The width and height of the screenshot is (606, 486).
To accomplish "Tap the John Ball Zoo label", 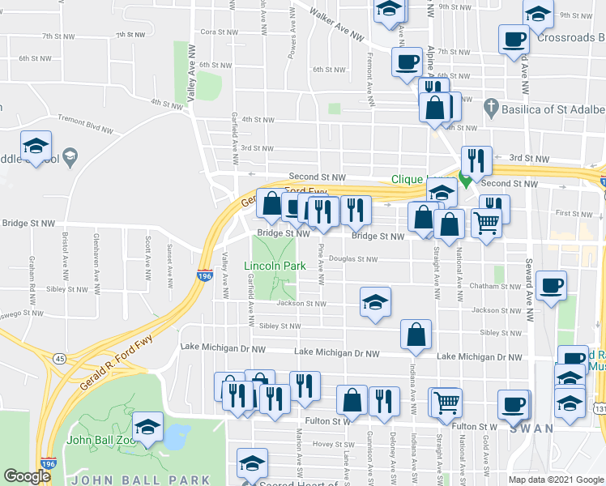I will tap(100, 441).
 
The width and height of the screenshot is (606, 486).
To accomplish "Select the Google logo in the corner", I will tap(27, 476).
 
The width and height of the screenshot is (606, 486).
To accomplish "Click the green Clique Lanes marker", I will tap(465, 180).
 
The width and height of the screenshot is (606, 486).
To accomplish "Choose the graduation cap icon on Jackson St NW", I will tap(375, 302).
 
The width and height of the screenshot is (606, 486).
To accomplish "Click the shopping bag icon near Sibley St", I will tap(416, 335).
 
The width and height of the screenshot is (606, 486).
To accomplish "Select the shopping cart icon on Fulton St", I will tap(446, 401).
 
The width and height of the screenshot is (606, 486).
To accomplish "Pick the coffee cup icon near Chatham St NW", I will tap(551, 286).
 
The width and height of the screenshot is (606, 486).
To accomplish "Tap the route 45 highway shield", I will tap(60, 358).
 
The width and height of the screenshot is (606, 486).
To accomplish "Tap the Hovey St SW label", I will tap(330, 443).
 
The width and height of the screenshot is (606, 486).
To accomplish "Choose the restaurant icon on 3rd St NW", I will tap(476, 160).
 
